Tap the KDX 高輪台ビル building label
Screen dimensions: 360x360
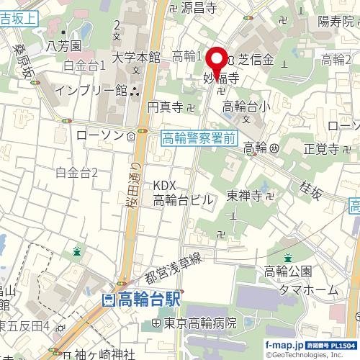pos(184,193)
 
